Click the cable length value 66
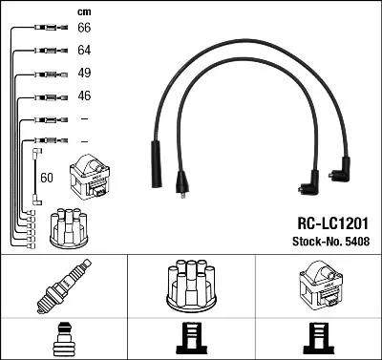point(83,30)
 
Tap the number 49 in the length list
point(83,74)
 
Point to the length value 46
point(83,96)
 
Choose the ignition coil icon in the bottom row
point(317,285)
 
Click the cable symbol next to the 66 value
point(44,30)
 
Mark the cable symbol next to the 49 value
point(44,74)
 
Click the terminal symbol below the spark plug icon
point(62,339)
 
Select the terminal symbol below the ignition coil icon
point(317,339)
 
